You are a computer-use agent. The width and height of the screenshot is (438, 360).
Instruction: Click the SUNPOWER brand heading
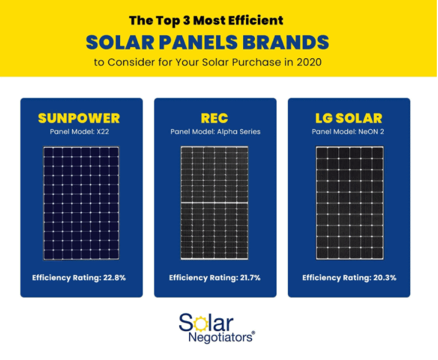click(79, 118)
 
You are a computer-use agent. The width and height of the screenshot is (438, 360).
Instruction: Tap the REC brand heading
click(215, 118)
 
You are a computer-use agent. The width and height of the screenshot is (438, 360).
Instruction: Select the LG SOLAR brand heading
click(349, 118)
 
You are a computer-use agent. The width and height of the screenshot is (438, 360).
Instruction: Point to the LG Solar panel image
click(350, 203)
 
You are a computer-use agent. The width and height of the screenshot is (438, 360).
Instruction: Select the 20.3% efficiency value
click(383, 278)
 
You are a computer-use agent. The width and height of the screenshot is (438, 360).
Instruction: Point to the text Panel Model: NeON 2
click(348, 132)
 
